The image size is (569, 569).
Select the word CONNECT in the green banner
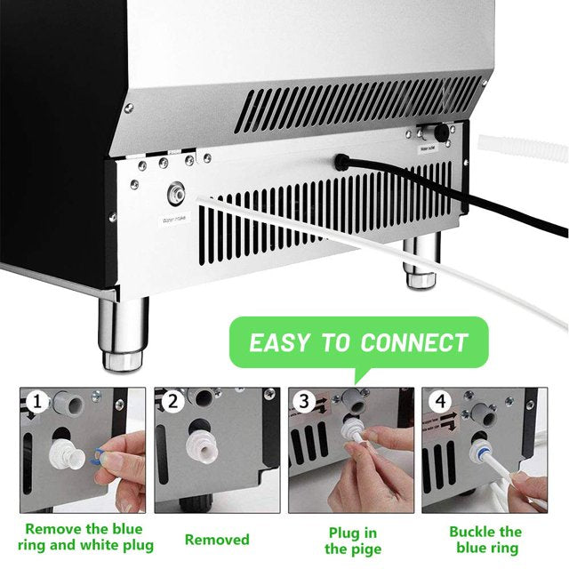click(x=414, y=342)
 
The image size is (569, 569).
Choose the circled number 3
click(x=304, y=401)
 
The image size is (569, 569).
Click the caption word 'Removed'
click(x=217, y=540)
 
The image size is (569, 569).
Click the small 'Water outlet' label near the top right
click(x=428, y=148)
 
